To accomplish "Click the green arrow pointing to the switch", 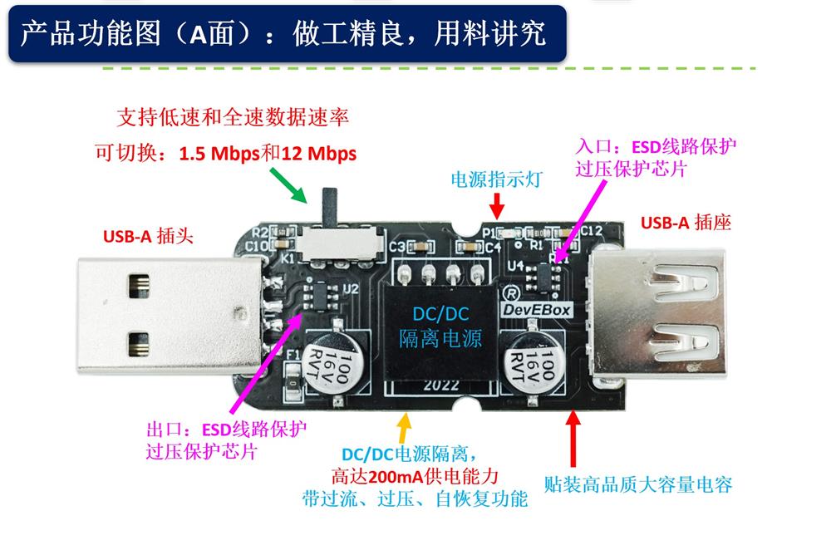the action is click(x=289, y=185).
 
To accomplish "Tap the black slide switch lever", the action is click(x=331, y=206).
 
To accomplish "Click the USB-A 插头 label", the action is click(x=149, y=236).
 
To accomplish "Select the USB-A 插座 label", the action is click(x=686, y=222).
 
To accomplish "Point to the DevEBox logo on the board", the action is click(x=537, y=309).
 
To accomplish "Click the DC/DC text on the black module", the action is click(x=440, y=314).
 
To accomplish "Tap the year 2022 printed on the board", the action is click(x=441, y=385).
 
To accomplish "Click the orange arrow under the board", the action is click(x=404, y=428).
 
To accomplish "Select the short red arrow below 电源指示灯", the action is click(x=497, y=205).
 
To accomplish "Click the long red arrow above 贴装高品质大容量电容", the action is click(x=573, y=439).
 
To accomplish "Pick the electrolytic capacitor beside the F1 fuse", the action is click(x=336, y=362).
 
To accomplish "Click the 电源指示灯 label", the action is click(x=497, y=179).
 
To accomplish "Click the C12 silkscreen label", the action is click(x=592, y=230).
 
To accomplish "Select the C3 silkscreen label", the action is click(x=397, y=247).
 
